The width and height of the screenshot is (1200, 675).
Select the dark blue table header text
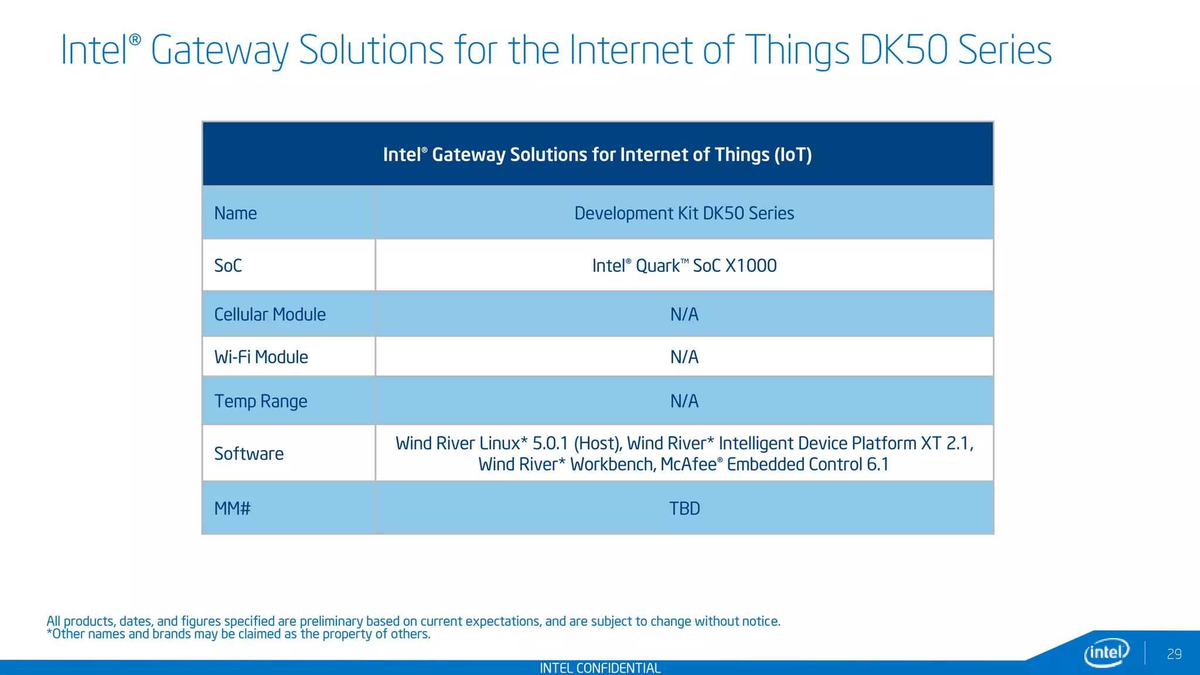pos(597,155)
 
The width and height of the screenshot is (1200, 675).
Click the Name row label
pos(236,213)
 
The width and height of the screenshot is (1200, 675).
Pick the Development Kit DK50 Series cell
pos(684,213)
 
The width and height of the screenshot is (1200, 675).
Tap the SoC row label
pos(228,265)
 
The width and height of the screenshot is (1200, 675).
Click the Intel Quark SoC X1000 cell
pos(684,265)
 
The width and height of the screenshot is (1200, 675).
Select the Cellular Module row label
pos(270,315)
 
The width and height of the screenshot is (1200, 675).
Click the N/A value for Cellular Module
pos(684,315)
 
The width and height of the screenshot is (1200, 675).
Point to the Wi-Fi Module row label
pos(261,357)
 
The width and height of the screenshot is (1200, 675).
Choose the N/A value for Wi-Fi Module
pos(684,357)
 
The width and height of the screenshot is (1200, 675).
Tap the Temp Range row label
pos(260,401)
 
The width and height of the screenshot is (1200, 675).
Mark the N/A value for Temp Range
pos(684,401)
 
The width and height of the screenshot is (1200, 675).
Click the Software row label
pos(248,454)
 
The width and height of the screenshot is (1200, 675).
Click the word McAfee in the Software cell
pos(688,464)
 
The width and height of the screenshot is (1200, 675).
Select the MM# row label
pos(232,508)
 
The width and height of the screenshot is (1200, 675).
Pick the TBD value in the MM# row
pos(684,508)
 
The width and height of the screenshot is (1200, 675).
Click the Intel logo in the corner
pos(1106,652)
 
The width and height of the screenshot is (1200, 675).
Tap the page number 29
pos(1174,654)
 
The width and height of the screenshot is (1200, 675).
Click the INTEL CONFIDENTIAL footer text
pos(599,668)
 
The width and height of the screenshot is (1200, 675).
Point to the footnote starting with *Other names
pos(238,634)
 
